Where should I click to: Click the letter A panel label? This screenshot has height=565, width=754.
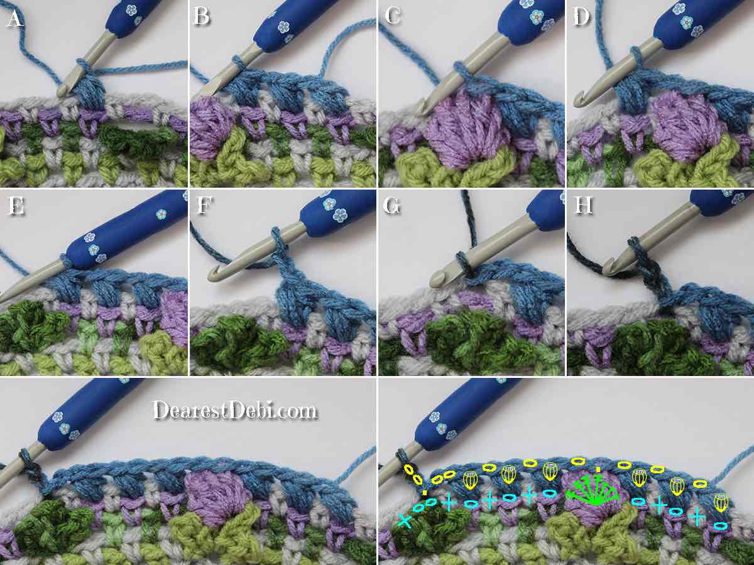15,18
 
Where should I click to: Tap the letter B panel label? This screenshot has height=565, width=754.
201,16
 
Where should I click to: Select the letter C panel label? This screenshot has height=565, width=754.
393,16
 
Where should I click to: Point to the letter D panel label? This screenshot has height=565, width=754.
582,16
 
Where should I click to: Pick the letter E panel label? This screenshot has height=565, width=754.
16,206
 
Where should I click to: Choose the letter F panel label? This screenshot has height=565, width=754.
204,205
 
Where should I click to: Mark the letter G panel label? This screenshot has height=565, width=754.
392,206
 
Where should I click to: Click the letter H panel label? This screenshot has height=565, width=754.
583,205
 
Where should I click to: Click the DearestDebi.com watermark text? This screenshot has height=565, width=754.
235,411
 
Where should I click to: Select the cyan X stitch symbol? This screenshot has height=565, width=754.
404,520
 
